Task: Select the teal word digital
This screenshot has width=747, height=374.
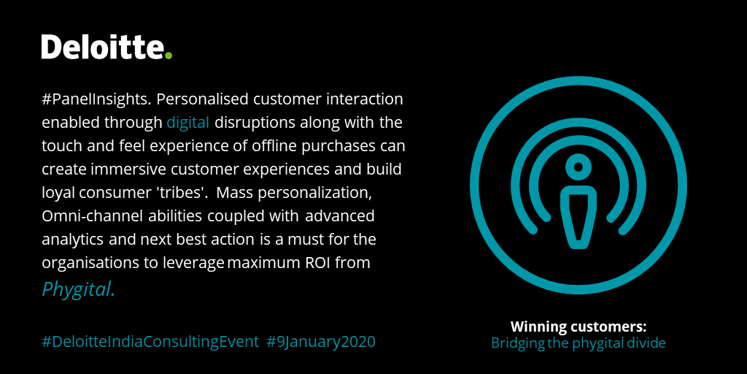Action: (187, 122)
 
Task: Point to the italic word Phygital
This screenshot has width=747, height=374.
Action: (78, 289)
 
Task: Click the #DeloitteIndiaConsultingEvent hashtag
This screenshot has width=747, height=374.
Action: (150, 341)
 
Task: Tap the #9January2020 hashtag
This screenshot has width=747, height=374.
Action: (321, 341)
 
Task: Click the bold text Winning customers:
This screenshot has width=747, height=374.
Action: (578, 327)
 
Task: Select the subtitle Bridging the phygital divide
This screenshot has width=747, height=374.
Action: (578, 343)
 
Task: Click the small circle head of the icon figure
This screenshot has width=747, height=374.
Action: (578, 167)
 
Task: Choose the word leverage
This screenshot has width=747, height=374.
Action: (193, 263)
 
